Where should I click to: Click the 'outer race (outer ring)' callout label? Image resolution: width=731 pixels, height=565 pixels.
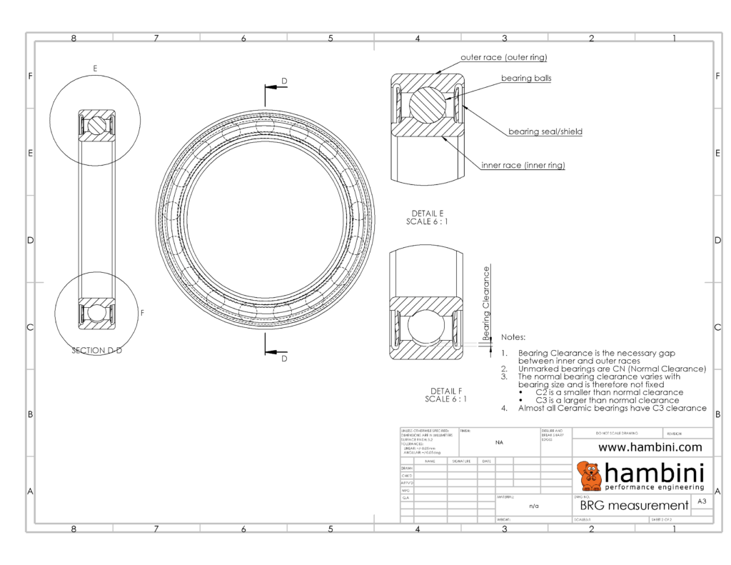504,57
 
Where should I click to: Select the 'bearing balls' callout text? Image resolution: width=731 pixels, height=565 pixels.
525,78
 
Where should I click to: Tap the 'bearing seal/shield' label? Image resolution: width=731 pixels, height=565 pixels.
545,131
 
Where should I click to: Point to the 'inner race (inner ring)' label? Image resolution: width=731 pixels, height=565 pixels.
523,165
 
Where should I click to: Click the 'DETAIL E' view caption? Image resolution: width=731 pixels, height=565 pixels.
428,214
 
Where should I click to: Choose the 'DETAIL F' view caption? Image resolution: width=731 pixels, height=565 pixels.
446,391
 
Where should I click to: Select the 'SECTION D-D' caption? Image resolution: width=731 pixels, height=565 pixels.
96,351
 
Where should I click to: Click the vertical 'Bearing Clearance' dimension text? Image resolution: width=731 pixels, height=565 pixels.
487,303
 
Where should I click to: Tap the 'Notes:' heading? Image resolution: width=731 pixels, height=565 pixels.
513,336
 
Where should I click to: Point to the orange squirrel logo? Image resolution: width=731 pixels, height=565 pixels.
589,476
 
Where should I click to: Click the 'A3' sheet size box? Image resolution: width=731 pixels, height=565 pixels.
702,502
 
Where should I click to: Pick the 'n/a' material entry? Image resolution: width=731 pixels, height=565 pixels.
533,506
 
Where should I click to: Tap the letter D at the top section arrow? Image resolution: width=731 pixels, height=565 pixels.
284,81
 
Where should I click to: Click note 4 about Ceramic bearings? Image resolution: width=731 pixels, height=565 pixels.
612,409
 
